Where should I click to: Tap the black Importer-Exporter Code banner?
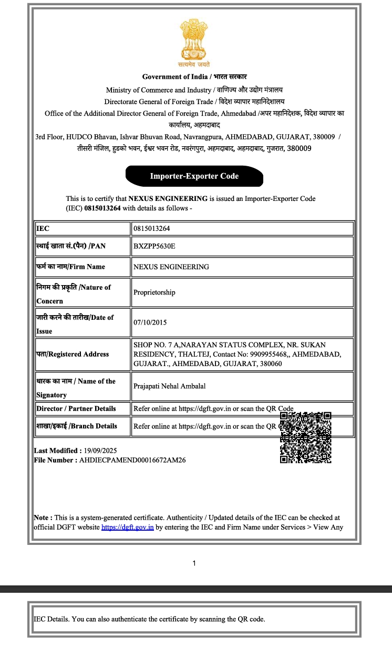(194, 176)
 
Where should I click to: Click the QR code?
(305, 438)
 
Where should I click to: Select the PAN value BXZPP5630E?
(154, 246)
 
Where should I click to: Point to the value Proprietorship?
(154, 292)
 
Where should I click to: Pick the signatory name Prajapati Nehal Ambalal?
(169, 386)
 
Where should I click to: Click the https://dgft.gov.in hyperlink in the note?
(127, 527)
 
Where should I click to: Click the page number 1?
(194, 564)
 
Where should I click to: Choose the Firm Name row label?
(70, 267)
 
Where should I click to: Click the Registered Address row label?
(73, 355)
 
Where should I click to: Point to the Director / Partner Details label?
(76, 409)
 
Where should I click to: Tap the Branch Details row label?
(76, 426)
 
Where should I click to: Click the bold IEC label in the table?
(43, 229)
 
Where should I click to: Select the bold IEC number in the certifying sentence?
(102, 208)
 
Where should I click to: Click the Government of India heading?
(194, 77)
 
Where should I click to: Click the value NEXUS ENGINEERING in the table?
(171, 267)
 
